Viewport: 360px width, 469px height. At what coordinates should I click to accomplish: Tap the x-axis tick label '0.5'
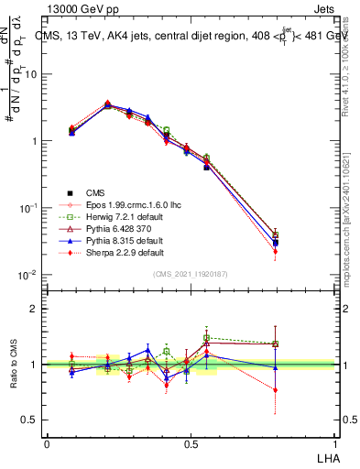coord(190,443)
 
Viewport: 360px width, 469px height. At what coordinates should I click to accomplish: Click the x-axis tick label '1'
coord(333,443)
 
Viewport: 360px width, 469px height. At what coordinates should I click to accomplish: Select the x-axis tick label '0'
coord(47,443)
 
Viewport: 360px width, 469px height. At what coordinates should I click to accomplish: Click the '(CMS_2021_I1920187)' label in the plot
coord(190,274)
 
